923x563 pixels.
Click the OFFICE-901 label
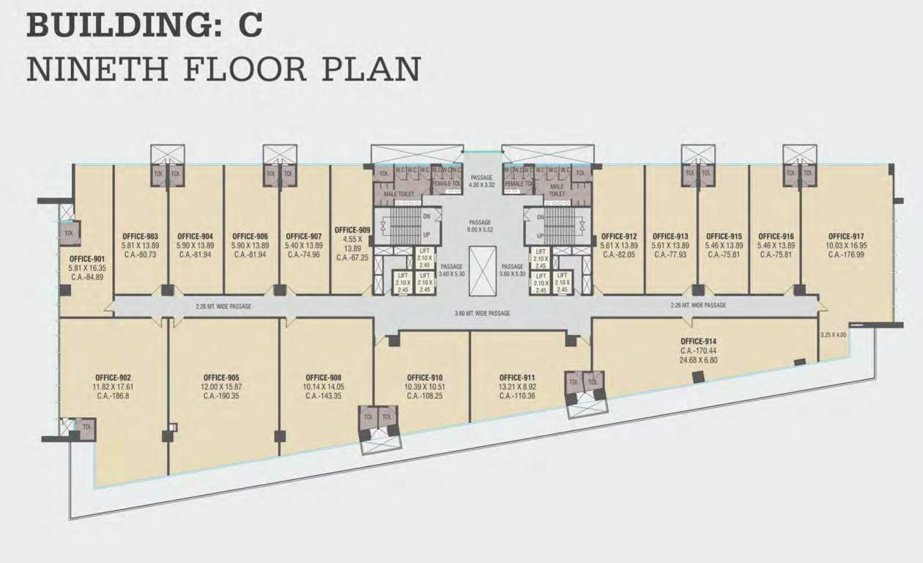(87, 259)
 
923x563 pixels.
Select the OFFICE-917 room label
(846, 236)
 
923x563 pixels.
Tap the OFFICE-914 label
(698, 341)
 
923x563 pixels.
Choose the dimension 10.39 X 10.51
(426, 386)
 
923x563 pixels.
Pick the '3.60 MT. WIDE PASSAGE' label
(482, 313)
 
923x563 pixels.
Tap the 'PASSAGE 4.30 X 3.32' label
(481, 181)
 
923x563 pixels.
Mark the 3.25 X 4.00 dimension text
(834, 334)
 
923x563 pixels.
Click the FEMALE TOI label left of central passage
(446, 183)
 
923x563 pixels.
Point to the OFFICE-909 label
(352, 229)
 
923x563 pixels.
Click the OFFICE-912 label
(618, 236)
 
